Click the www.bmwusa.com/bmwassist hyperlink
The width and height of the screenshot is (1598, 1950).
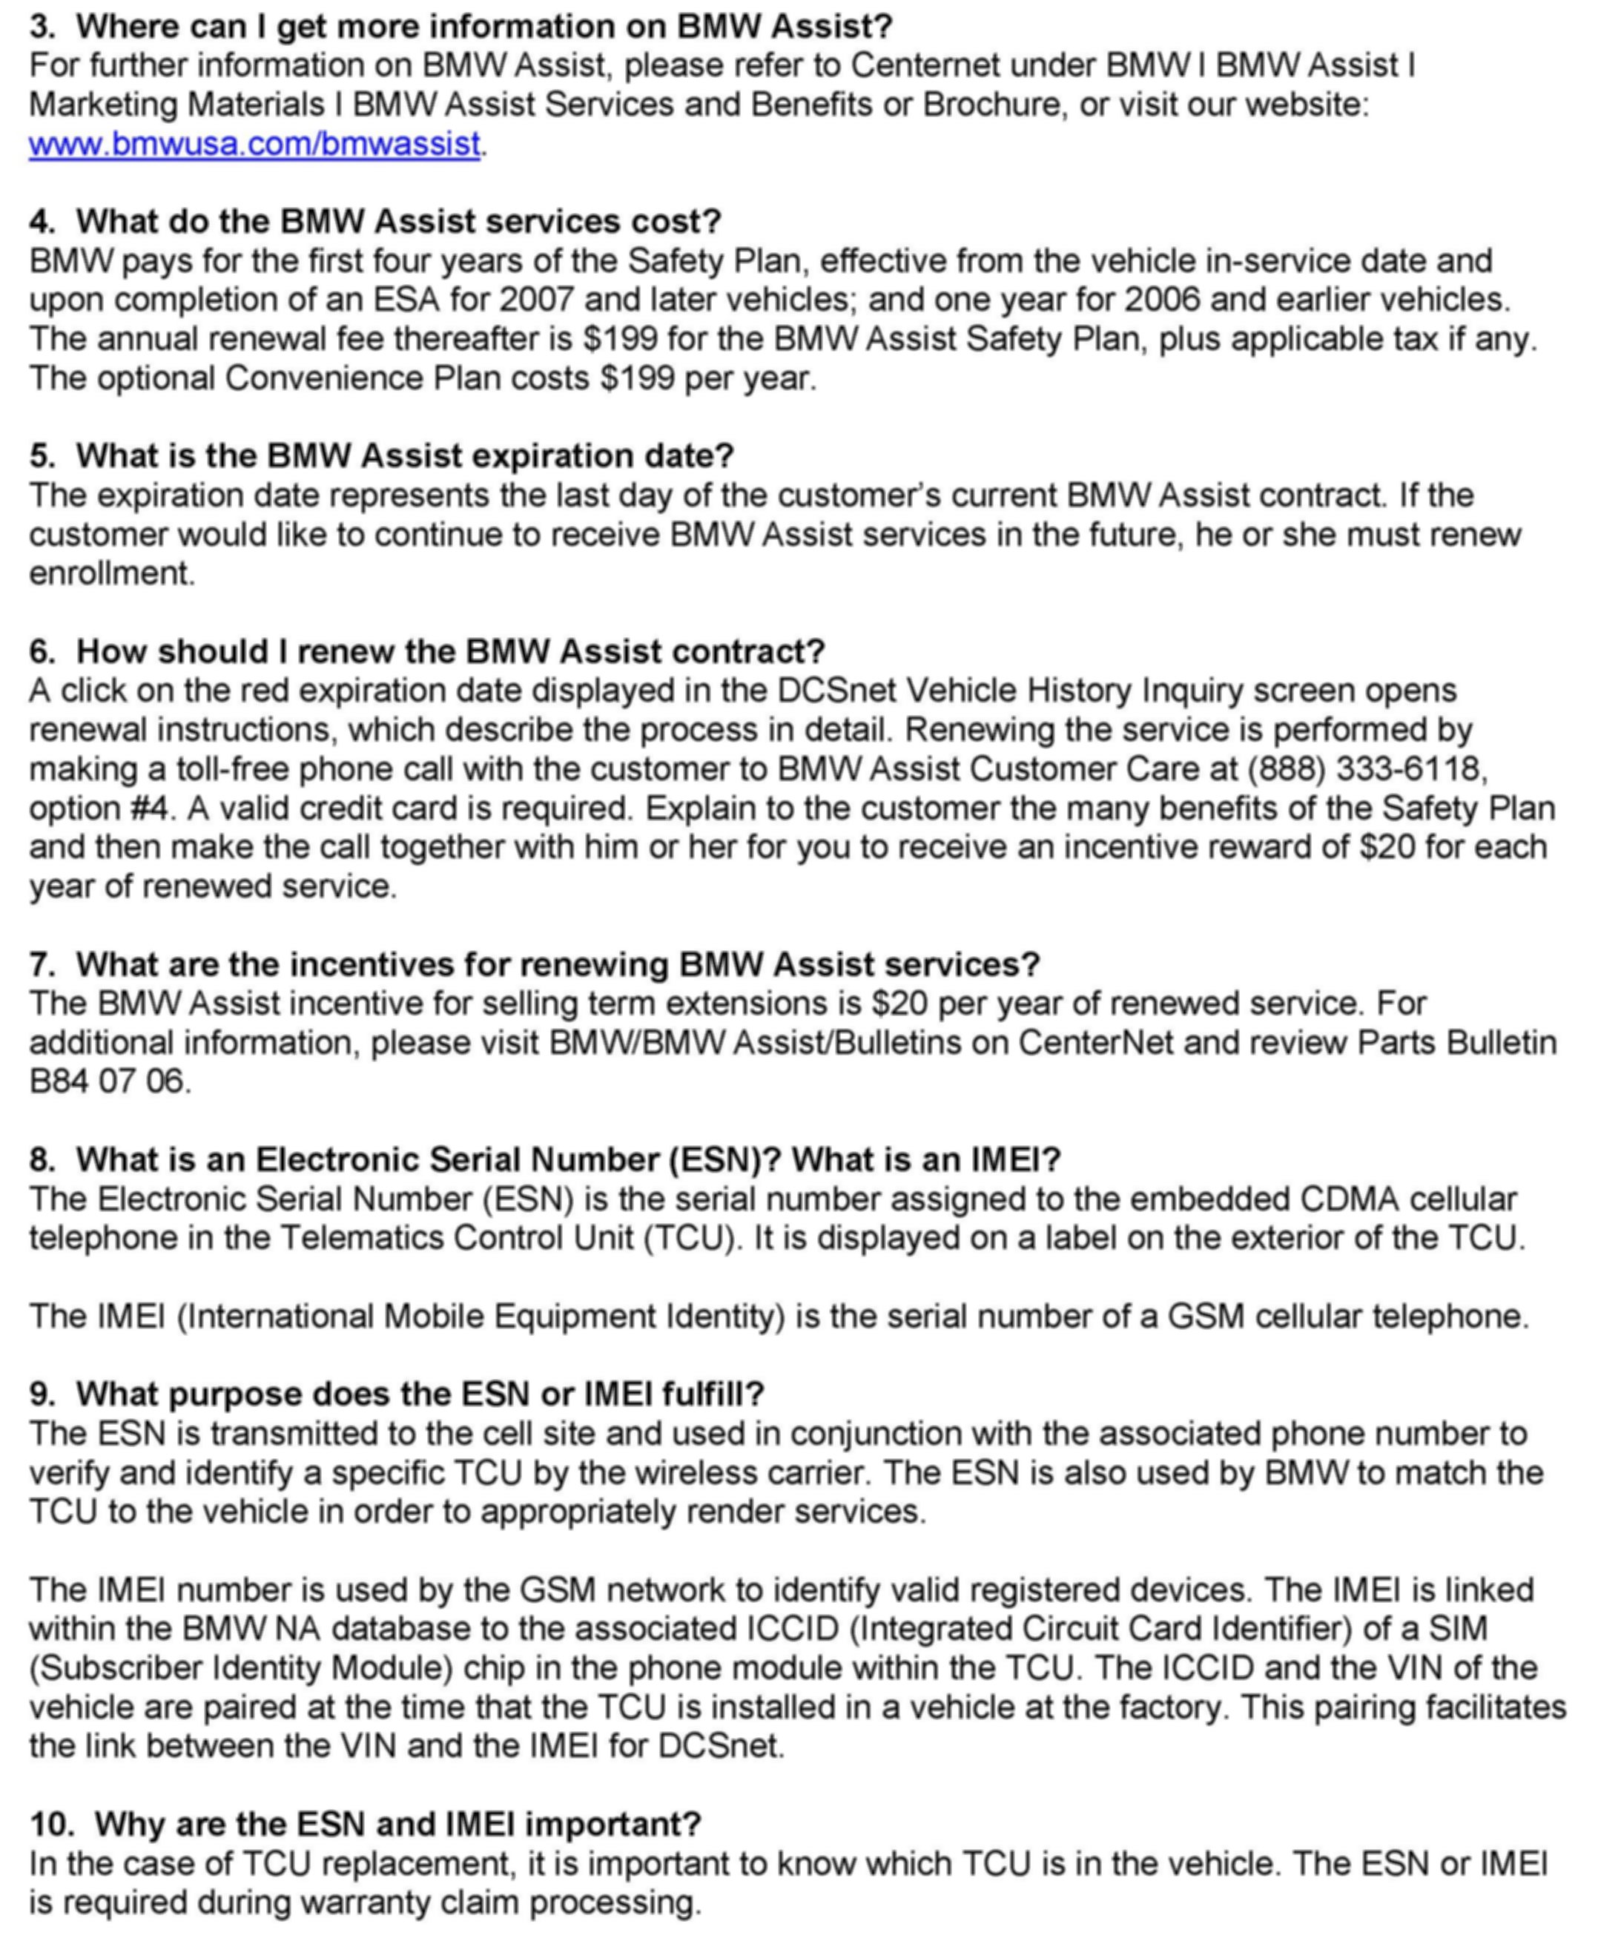tap(254, 145)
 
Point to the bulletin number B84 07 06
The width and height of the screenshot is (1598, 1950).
tap(108, 1080)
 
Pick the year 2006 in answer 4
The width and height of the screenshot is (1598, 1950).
tap(1163, 299)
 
